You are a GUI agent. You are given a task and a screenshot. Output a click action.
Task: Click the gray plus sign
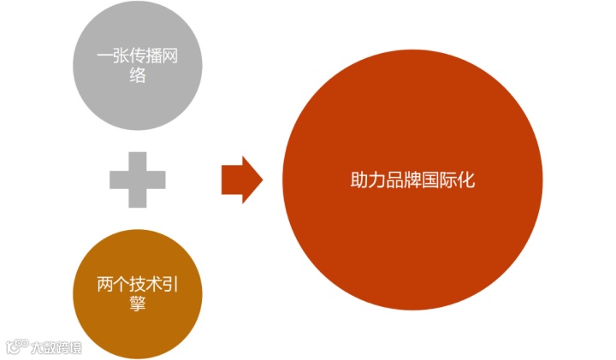tap(137, 180)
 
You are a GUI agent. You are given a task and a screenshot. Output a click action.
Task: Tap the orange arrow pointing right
tap(242, 180)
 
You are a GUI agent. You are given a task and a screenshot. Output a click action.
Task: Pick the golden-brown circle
tap(138, 292)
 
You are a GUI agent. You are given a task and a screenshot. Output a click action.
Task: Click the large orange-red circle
tap(413, 180)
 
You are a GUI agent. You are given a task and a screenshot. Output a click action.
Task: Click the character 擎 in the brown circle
tap(138, 303)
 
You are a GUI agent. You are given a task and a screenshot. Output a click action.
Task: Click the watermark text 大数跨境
tap(56, 347)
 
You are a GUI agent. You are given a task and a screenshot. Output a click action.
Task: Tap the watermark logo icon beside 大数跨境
tap(17, 347)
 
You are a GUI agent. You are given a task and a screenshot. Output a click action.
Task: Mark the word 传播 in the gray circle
tap(146, 59)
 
